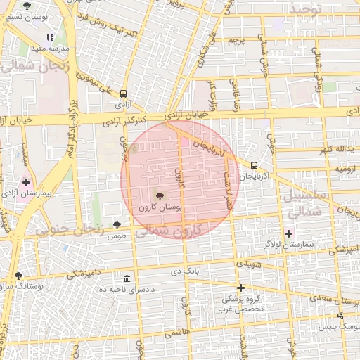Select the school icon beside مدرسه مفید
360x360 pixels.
[49, 37]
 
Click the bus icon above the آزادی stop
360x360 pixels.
[124, 94]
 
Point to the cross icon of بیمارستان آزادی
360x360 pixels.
[26, 182]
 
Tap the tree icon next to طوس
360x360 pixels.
[117, 225]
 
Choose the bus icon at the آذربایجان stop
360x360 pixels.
[254, 165]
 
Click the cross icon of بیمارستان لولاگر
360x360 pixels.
[288, 233]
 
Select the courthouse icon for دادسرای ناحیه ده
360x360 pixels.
[126, 278]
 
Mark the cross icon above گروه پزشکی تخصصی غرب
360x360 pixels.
[240, 288]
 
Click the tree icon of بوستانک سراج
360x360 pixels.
[18, 276]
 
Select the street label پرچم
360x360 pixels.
[236, 40]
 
